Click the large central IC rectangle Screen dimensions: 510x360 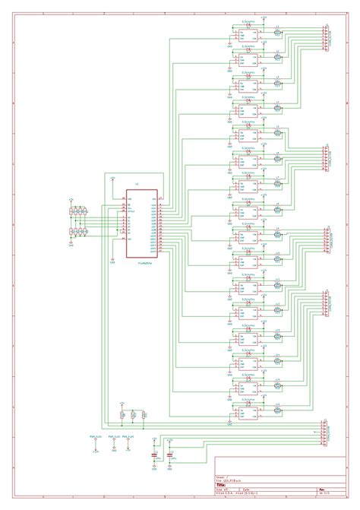(142, 223)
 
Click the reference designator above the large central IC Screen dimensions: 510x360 (137, 185)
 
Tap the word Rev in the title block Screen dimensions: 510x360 (321, 489)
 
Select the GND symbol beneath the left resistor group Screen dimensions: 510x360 (71, 242)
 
